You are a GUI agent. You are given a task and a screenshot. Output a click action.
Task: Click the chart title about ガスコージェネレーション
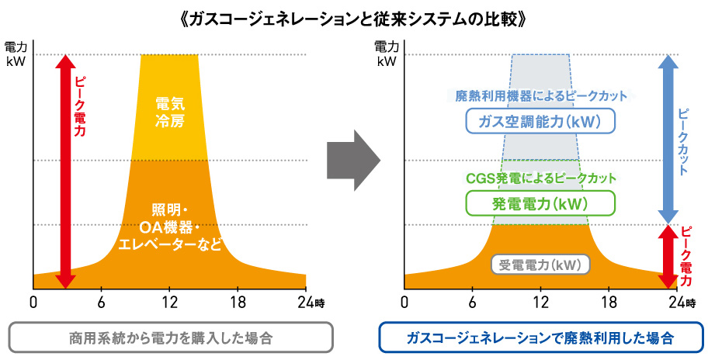tap(353, 19)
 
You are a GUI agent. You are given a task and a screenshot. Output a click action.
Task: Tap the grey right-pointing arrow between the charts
tap(353, 160)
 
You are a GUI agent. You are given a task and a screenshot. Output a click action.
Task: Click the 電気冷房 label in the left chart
tap(170, 112)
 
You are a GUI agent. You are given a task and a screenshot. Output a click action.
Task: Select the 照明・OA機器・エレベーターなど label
tap(170, 227)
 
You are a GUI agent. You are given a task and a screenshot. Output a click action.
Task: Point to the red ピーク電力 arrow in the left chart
tap(66, 171)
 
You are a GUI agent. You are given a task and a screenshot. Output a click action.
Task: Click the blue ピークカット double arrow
tap(668, 139)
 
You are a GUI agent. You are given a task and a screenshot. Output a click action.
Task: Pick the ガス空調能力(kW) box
tap(540, 121)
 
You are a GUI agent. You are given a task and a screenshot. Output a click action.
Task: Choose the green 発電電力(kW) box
tap(540, 203)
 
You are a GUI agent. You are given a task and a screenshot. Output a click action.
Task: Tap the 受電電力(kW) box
tap(540, 265)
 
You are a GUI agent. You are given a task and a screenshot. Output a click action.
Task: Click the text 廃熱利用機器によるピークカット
tap(540, 95)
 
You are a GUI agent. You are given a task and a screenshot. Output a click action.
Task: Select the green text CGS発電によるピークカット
tap(540, 178)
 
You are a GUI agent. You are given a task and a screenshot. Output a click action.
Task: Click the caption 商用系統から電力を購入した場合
tap(171, 337)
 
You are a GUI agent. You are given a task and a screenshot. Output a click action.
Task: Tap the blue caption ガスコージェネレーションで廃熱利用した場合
tap(540, 337)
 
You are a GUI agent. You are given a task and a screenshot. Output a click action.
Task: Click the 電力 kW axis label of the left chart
tap(16, 54)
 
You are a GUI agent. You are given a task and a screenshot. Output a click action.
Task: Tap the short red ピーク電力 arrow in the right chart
tap(668, 257)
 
